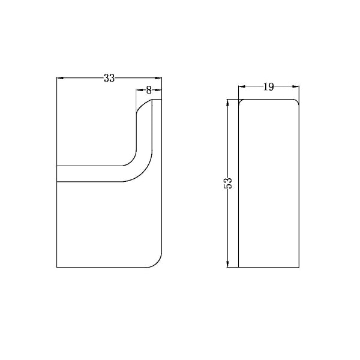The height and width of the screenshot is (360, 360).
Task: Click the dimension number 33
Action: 109,77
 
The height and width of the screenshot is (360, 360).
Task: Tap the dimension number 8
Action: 149,90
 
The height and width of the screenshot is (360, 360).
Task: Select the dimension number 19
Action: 268,87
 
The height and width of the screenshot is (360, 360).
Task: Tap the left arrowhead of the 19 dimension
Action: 242,88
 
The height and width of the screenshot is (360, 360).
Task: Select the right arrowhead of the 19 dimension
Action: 296,88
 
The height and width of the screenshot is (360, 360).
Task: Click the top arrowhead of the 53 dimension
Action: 228,103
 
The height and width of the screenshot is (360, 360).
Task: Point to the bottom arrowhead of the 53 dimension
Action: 228,265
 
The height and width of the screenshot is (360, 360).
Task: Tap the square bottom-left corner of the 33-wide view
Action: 56,268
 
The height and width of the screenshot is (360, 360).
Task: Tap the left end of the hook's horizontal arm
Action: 58,173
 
